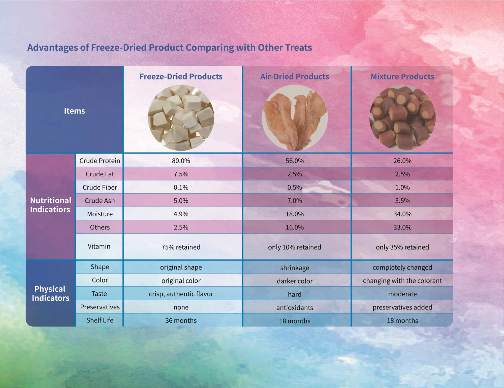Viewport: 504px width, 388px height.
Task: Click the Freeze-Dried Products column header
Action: (x=181, y=76)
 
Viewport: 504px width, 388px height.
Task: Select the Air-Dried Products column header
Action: (x=295, y=76)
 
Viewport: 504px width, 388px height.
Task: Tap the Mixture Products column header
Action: (x=402, y=76)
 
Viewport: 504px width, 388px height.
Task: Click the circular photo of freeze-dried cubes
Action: (x=181, y=118)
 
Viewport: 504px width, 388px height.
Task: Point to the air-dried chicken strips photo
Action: (x=295, y=118)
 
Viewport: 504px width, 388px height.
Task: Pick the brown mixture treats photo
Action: (x=402, y=118)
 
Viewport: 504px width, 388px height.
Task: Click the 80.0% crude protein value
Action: (x=181, y=161)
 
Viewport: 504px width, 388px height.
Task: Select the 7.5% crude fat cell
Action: (x=181, y=174)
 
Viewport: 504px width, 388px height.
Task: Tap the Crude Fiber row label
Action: (x=100, y=187)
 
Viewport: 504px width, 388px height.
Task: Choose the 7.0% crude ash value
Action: (x=295, y=201)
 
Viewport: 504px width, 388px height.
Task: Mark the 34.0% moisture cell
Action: (x=402, y=214)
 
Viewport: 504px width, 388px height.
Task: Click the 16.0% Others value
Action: (x=295, y=227)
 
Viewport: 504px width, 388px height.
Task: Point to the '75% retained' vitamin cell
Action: (x=181, y=247)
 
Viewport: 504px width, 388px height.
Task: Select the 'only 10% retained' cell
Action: (x=295, y=247)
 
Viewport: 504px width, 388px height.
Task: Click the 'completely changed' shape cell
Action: (x=402, y=267)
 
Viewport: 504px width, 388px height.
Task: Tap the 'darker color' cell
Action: (x=295, y=281)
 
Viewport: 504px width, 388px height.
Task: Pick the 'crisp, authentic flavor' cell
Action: (x=181, y=294)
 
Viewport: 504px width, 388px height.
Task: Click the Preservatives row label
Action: (x=100, y=307)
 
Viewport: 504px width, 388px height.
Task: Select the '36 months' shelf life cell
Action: (x=181, y=321)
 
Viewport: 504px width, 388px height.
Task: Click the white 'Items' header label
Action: (x=74, y=111)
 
